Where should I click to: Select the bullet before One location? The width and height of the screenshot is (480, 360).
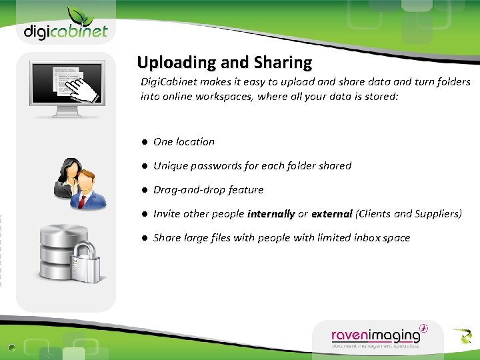pyautogui.click(x=144, y=142)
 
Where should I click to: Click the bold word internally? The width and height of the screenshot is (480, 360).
pyautogui.click(x=271, y=214)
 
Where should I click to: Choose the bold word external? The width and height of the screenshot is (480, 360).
pyautogui.click(x=331, y=214)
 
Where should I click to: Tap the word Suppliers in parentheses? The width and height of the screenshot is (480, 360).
pyautogui.click(x=437, y=214)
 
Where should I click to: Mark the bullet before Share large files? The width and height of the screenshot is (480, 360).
pyautogui.click(x=144, y=238)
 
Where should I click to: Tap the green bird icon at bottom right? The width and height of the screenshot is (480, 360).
pyautogui.click(x=461, y=336)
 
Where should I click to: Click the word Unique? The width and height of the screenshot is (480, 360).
pyautogui.click(x=171, y=165)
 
